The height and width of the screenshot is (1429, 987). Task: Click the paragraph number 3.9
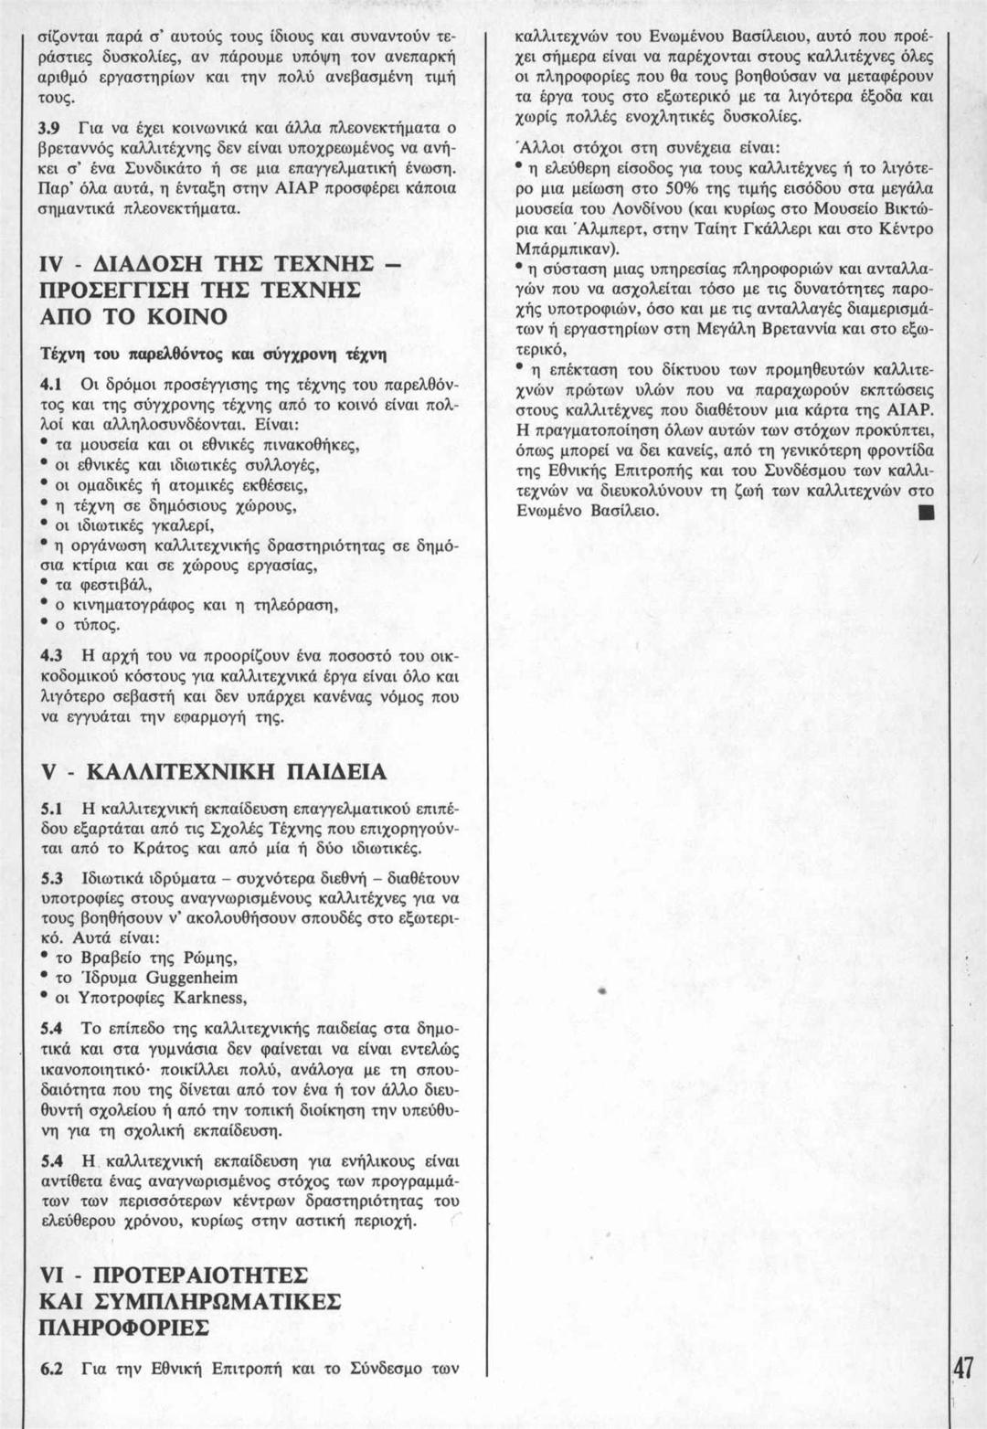click(x=48, y=125)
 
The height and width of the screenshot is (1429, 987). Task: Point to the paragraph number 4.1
click(x=48, y=381)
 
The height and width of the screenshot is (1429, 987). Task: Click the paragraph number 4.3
click(x=48, y=655)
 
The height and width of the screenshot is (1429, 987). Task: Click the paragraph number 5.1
click(x=48, y=810)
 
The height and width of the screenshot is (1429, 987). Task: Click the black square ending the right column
click(x=925, y=512)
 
